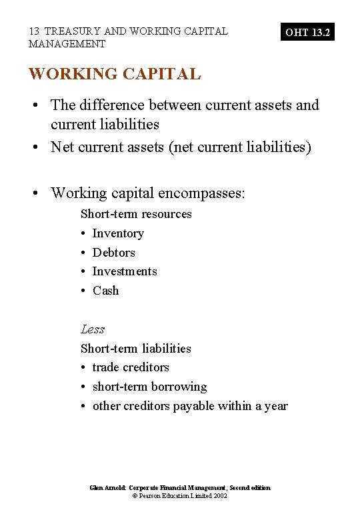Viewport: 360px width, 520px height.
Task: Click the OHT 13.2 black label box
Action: [307, 32]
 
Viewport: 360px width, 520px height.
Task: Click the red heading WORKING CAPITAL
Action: [114, 74]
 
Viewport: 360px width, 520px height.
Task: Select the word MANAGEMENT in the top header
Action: [67, 44]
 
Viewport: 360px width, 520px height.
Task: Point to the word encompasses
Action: [203, 193]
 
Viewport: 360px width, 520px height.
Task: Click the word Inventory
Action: [118, 233]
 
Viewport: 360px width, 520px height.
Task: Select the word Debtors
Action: [113, 253]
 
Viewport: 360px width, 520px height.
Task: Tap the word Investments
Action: [125, 271]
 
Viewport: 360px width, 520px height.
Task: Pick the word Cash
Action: [105, 291]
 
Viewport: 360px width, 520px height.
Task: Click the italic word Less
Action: [93, 329]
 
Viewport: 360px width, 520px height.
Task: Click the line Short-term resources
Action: [136, 214]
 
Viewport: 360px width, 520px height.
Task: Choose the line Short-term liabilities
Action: [135, 349]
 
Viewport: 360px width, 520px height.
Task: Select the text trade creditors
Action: [131, 367]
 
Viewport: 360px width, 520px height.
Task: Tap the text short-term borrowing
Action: [149, 387]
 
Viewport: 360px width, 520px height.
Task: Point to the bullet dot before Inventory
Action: [83, 234]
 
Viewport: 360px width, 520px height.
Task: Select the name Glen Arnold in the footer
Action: [107, 488]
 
